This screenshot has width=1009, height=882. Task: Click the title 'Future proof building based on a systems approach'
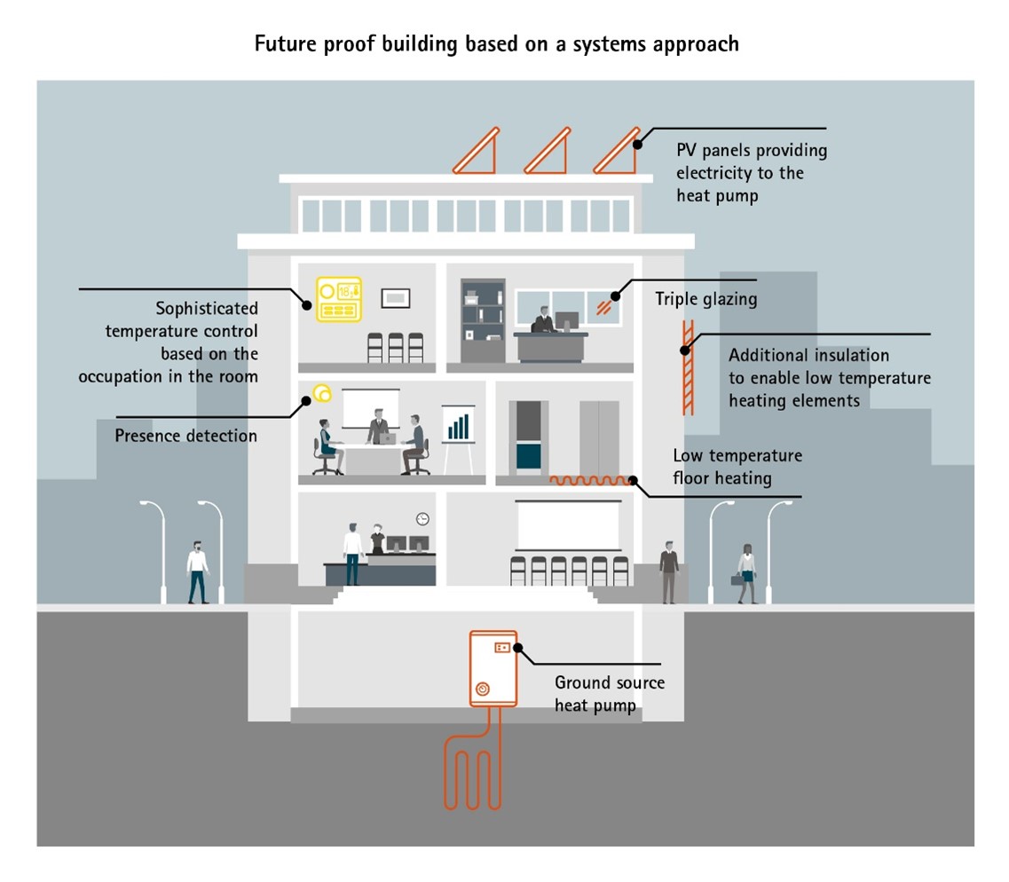[x=496, y=44]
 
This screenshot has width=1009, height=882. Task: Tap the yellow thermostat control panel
[x=338, y=300]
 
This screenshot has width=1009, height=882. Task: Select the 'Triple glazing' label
[x=706, y=299]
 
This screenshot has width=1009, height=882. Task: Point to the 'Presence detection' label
[x=186, y=436]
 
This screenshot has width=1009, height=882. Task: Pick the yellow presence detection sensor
[x=321, y=392]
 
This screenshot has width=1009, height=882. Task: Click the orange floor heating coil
[x=588, y=481]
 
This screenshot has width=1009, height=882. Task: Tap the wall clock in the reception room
[x=422, y=518]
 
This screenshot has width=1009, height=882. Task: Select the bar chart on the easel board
[x=458, y=426]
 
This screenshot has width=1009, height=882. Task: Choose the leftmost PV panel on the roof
[x=477, y=151]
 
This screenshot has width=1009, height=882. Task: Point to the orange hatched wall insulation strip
[x=686, y=366]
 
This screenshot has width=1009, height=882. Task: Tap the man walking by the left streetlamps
[x=197, y=572]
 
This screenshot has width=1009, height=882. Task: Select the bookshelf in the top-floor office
[x=483, y=321]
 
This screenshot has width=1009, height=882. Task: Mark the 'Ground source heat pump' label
[x=609, y=694]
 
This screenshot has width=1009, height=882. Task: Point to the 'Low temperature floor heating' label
[x=737, y=467]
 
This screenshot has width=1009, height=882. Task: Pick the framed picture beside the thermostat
[x=395, y=298]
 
